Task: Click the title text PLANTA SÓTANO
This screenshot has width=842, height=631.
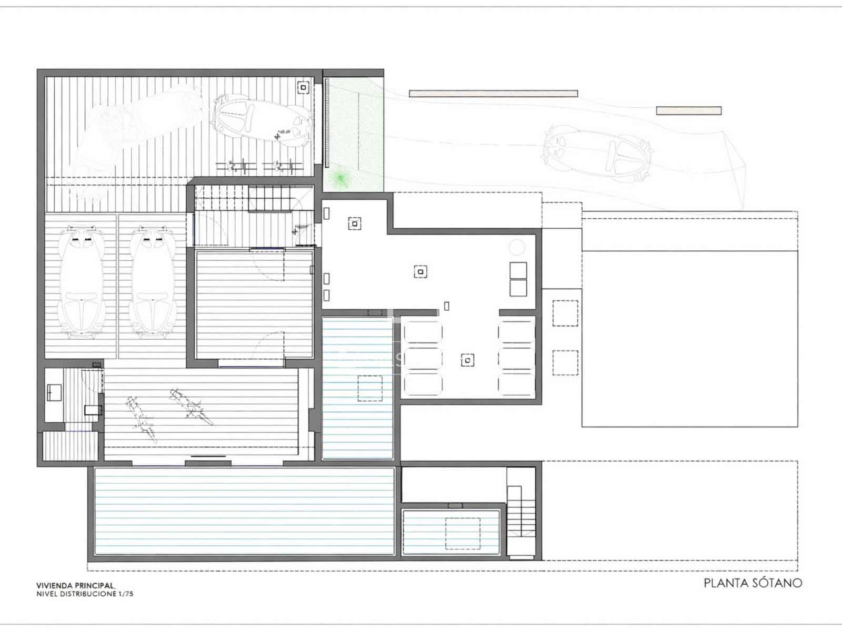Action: click(x=753, y=583)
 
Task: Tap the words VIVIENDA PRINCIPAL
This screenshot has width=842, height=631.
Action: click(x=75, y=585)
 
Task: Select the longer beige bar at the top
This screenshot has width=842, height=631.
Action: click(x=493, y=94)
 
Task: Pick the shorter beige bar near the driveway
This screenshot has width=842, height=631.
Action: click(x=688, y=110)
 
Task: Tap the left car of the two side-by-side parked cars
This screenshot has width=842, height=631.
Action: click(x=81, y=281)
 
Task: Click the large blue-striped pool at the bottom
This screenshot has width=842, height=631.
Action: click(x=244, y=511)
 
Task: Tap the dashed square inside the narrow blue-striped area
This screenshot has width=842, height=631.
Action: click(x=370, y=388)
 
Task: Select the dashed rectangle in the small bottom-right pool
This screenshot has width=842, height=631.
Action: click(x=463, y=533)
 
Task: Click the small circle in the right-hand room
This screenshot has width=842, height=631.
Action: click(x=517, y=247)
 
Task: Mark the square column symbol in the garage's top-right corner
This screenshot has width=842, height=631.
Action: click(x=303, y=87)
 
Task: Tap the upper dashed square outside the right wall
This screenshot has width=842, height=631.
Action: click(x=565, y=313)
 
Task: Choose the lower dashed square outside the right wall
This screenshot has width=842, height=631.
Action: click(x=565, y=362)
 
